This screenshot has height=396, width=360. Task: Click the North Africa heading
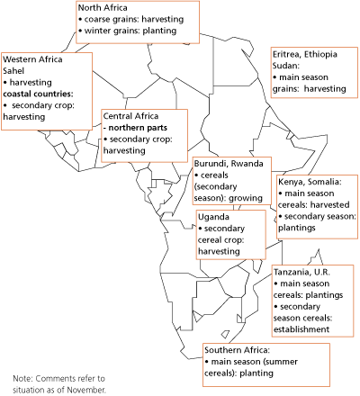[102, 9]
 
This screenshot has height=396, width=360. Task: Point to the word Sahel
[15, 69]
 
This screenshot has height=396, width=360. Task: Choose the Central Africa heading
[132, 116]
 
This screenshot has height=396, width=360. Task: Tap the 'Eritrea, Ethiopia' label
[305, 54]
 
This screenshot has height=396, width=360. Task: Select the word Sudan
[287, 66]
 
